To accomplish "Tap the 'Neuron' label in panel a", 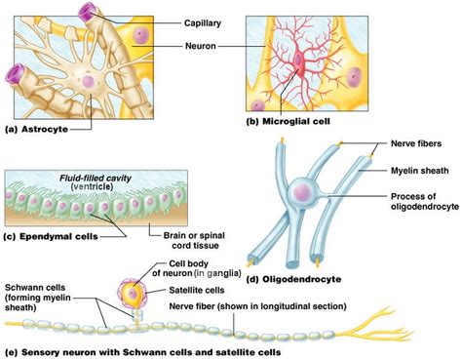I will [x=202, y=45].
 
